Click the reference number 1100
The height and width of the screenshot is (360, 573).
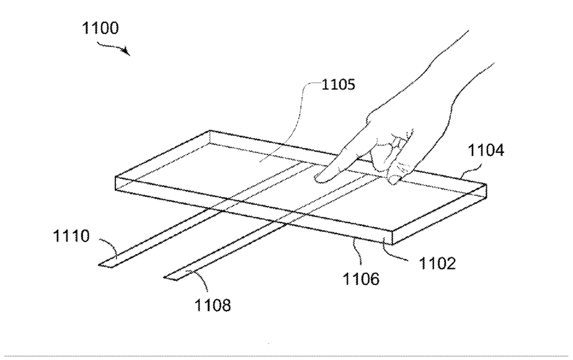(x=100, y=29)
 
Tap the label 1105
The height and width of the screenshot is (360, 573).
(x=338, y=84)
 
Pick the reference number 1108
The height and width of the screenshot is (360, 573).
(x=213, y=304)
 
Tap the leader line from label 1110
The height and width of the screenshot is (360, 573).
(x=110, y=247)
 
